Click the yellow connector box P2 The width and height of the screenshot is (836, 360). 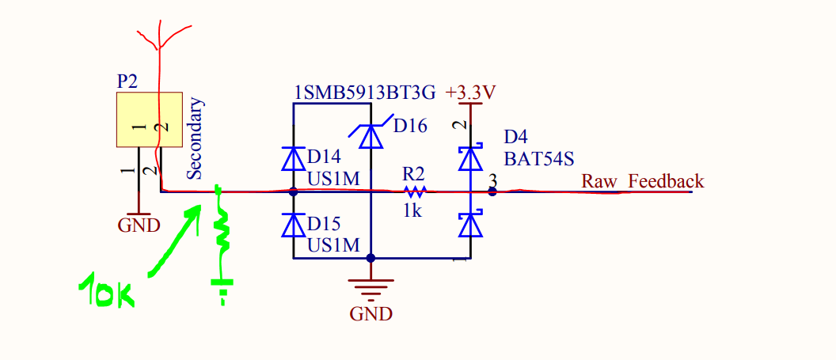pos(150,119)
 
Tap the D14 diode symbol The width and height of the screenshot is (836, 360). pos(293,158)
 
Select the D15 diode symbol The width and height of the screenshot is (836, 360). pos(293,225)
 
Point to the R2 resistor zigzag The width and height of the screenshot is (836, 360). pos(416,191)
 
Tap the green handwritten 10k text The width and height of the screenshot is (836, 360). pos(107,291)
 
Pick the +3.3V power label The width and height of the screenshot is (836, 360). pos(471,93)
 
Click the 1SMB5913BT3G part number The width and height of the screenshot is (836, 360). pos(365,93)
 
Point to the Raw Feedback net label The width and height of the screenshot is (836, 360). pos(643,181)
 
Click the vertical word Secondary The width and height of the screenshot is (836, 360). pos(195,138)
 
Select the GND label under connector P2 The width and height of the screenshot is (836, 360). pos(139,225)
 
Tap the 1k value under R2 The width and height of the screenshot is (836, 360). pos(412,211)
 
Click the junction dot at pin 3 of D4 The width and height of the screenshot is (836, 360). pos(492,191)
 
